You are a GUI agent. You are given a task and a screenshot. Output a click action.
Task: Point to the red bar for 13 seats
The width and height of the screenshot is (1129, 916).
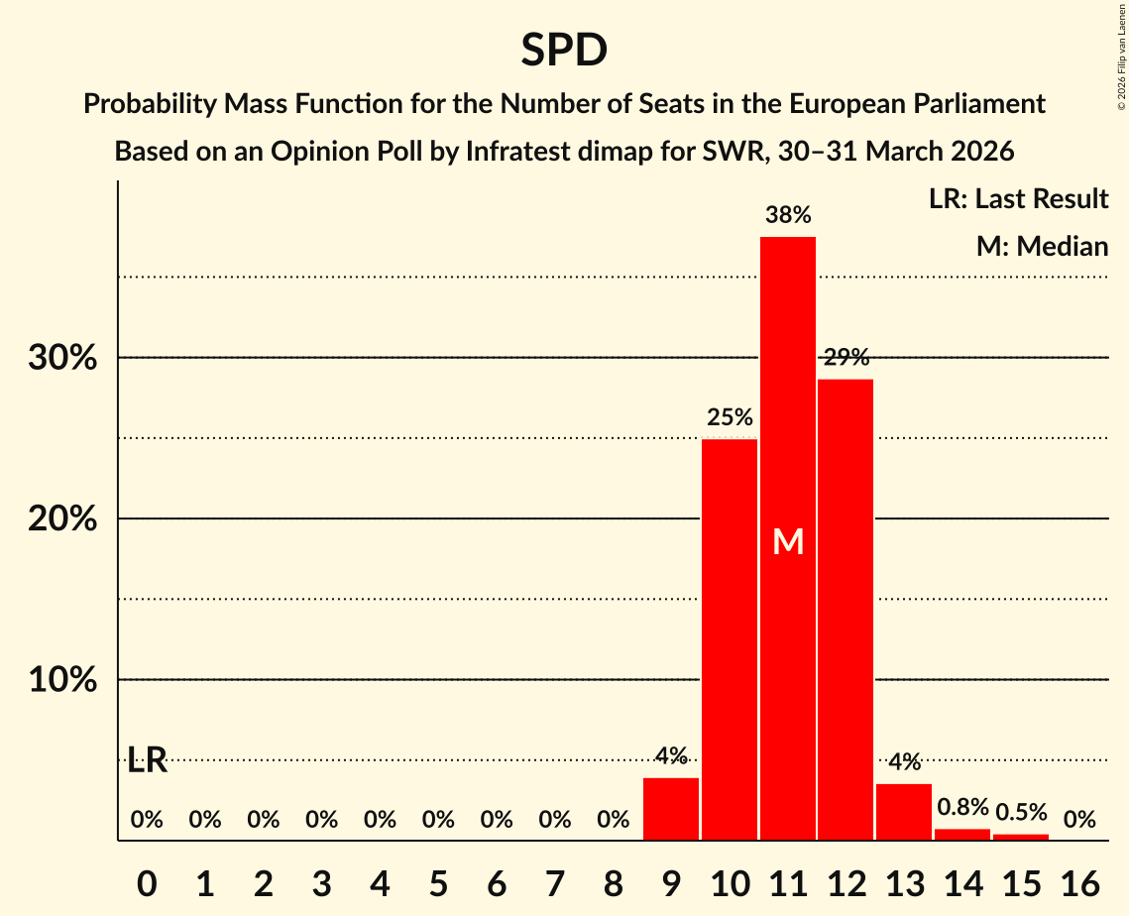(x=904, y=812)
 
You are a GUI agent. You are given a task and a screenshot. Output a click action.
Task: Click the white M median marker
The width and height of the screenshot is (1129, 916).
(x=788, y=541)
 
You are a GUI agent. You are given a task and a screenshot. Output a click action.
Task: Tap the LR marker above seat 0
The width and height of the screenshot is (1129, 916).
(x=148, y=761)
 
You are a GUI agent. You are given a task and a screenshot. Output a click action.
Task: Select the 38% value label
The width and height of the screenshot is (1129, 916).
(x=788, y=215)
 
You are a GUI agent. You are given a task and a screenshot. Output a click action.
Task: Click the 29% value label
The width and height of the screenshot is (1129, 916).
(x=846, y=358)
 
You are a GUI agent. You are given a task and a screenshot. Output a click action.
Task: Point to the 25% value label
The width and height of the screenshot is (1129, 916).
(x=730, y=417)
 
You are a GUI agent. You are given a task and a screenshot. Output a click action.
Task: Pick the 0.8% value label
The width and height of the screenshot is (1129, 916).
(x=962, y=808)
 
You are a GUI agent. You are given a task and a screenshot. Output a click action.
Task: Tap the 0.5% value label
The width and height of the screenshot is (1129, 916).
(x=1021, y=812)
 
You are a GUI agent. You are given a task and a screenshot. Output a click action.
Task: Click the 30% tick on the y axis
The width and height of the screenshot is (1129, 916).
(x=62, y=358)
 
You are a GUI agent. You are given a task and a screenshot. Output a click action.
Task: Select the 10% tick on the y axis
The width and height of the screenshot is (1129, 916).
(x=62, y=680)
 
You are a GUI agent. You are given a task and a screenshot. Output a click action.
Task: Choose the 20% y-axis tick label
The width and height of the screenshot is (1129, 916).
(x=62, y=519)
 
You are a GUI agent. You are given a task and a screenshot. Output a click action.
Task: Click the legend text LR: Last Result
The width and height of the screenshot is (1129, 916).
(x=1018, y=199)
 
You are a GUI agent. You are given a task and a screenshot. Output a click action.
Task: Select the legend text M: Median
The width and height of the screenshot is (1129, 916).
(x=1042, y=246)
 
